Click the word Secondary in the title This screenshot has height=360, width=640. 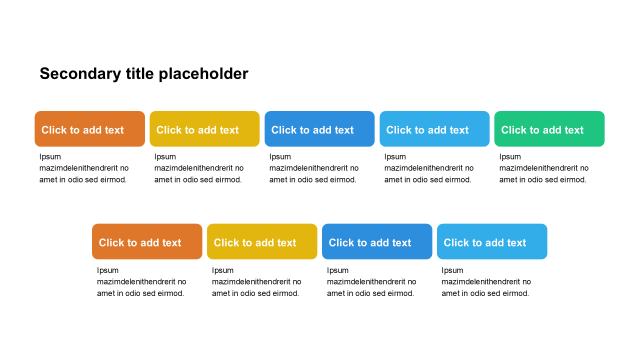tap(80, 74)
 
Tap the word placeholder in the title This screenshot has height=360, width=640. tap(203, 74)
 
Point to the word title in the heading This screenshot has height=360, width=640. tap(139, 73)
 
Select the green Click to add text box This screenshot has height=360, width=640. tap(549, 129)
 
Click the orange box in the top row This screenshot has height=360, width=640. tap(89, 129)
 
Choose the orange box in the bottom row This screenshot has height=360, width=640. tap(147, 241)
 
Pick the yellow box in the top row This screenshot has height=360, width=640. tap(204, 129)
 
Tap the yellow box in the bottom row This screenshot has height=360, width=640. tap(262, 241)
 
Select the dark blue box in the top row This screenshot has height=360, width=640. tap(319, 129)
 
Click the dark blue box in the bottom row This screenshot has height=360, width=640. tap(377, 241)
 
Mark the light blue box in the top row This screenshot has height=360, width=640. tap(434, 129)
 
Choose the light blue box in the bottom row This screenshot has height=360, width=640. tap(492, 241)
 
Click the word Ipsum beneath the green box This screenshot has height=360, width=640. tap(510, 157)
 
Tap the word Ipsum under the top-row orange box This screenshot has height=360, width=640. tap(50, 157)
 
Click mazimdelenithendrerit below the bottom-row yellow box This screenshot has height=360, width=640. tap(247, 281)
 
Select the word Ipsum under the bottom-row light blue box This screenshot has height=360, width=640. tap(452, 270)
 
